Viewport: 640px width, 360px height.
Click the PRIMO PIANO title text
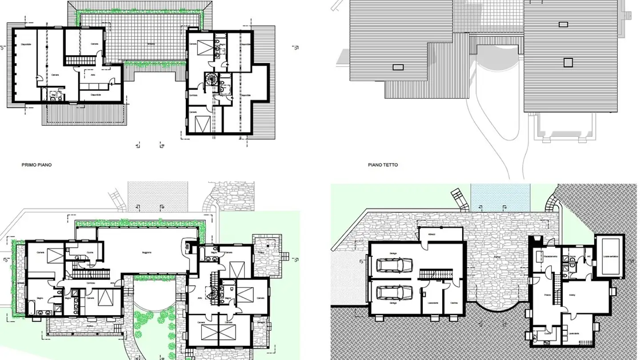(36, 165)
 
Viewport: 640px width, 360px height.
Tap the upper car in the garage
(394, 265)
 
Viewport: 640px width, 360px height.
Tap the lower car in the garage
(394, 293)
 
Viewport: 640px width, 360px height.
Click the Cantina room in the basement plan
(454, 302)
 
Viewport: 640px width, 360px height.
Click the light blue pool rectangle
(500, 197)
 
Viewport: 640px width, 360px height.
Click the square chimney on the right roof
(568, 62)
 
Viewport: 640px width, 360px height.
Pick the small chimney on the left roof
(398, 67)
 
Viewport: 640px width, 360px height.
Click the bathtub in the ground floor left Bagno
(33, 307)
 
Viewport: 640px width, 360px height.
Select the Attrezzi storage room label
(431, 234)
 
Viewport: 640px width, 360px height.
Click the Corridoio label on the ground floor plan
(91, 283)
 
